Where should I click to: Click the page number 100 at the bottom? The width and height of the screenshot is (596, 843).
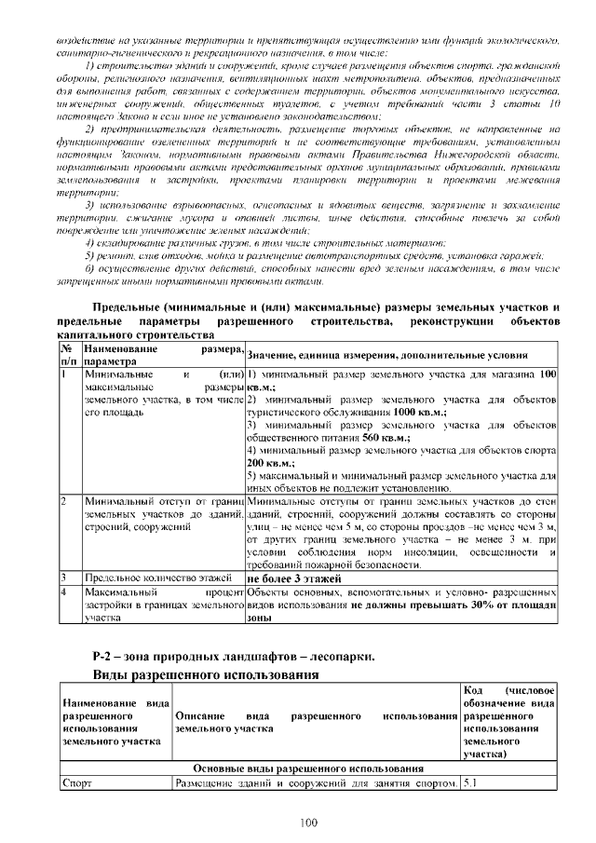click(x=309, y=821)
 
